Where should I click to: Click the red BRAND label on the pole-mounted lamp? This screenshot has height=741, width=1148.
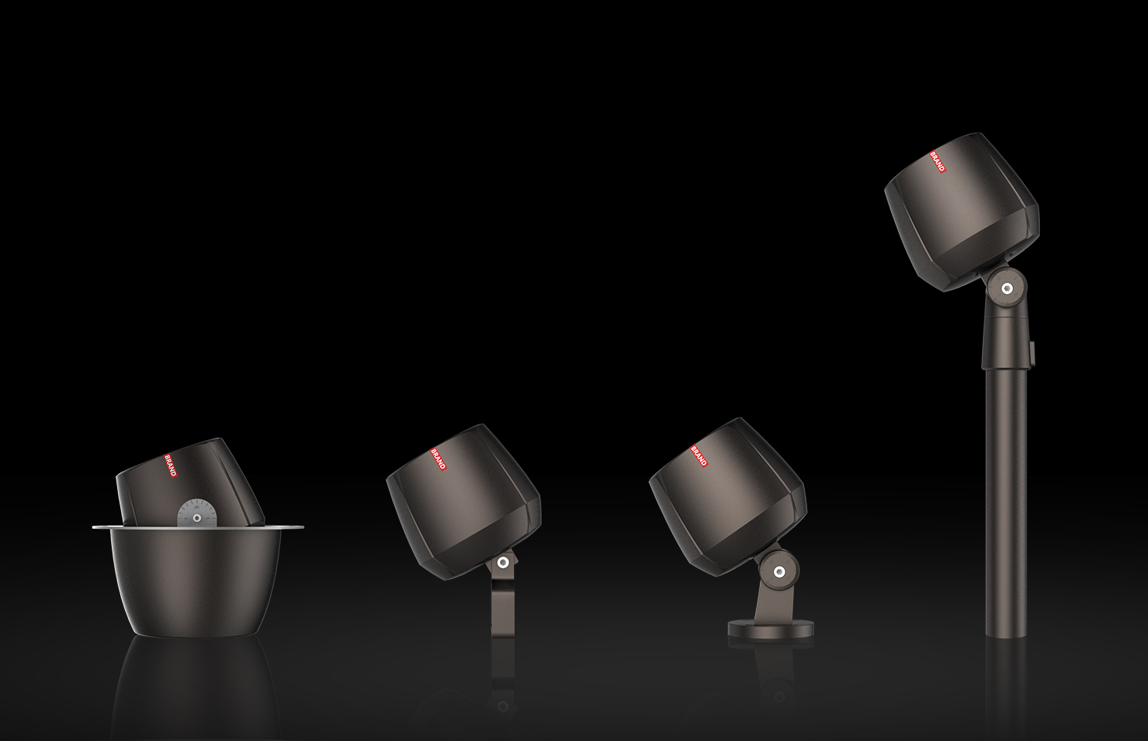pos(938,161)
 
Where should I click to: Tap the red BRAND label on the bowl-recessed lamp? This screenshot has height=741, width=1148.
pos(171,464)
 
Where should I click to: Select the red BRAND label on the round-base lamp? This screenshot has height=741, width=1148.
pos(699,455)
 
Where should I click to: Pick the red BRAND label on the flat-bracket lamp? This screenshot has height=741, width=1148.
pos(437,458)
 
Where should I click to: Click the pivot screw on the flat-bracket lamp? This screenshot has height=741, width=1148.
pos(502,563)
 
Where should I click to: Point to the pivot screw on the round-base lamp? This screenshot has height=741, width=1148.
pos(778,571)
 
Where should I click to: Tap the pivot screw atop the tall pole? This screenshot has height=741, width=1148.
pos(1007,288)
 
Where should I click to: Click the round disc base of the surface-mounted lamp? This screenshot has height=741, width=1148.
pos(771,629)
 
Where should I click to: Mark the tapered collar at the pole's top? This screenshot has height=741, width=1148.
pos(1004,340)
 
